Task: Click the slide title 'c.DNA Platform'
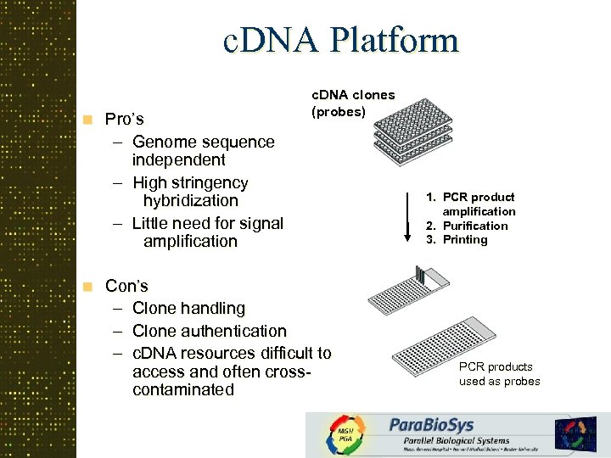(x=339, y=41)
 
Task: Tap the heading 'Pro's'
(x=125, y=119)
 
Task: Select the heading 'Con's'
(x=126, y=286)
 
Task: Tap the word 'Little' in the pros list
(x=154, y=223)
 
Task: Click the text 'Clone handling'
(x=188, y=309)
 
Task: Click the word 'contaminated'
(x=183, y=390)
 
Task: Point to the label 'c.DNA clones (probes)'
(x=353, y=103)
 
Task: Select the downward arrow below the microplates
(x=405, y=215)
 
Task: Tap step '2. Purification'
(x=474, y=226)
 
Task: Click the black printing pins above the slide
(x=419, y=274)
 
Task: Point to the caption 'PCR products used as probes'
(x=499, y=374)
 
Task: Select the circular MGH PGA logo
(x=346, y=435)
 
